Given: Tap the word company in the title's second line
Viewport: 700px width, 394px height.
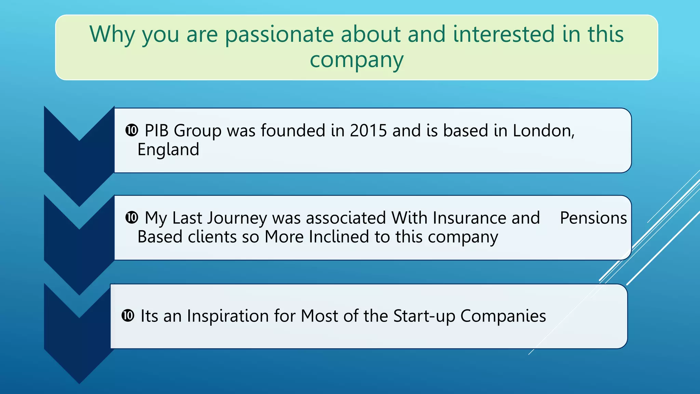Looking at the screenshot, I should click(x=356, y=61).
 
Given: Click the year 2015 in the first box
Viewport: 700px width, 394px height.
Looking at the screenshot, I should click(x=368, y=131).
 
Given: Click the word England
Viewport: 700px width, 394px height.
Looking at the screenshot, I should click(x=168, y=150).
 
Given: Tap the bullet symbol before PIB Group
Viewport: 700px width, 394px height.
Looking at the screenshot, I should click(x=132, y=130).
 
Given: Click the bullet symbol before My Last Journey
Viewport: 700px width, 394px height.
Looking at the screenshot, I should click(x=132, y=218).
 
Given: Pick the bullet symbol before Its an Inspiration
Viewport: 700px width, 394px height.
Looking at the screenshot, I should click(x=128, y=316).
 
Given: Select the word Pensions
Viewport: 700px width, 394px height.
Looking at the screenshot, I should click(x=593, y=218).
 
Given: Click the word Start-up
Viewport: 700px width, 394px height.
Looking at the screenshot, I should click(x=424, y=316).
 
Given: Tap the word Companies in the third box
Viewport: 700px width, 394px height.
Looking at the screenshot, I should click(x=503, y=316).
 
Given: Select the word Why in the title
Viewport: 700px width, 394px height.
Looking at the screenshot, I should click(x=112, y=35).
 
